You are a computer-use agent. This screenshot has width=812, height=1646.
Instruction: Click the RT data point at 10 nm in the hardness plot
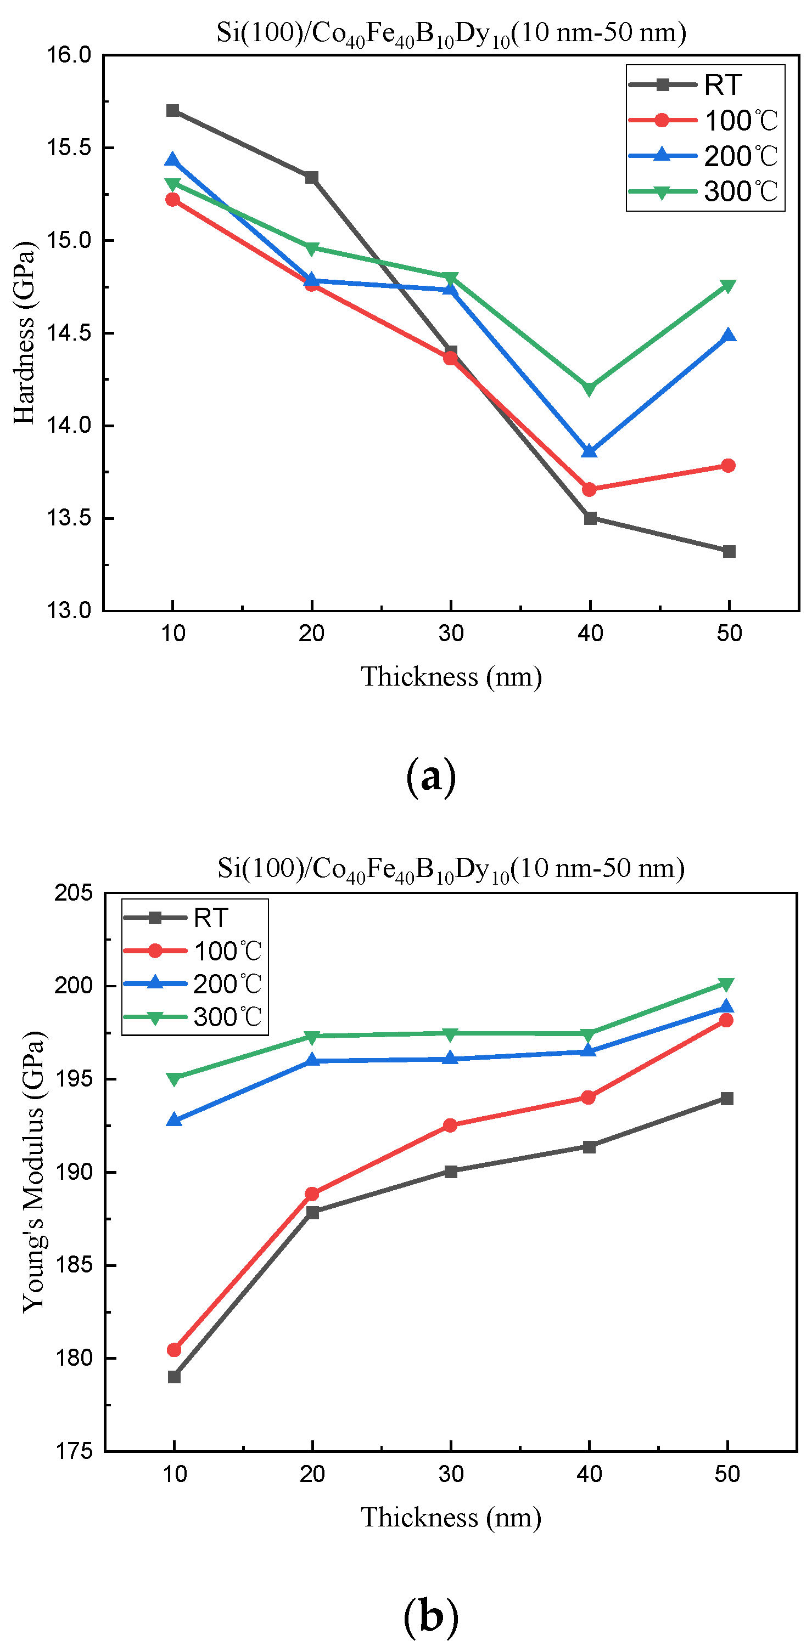pos(172,111)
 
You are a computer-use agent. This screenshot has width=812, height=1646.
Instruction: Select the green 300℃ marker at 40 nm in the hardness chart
pos(590,388)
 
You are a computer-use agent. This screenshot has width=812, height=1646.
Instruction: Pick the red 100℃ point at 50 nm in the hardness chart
pos(728,465)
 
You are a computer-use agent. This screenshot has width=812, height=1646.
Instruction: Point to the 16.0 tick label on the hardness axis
pos(69,55)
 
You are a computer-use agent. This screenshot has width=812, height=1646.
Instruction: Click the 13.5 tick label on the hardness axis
pos(69,518)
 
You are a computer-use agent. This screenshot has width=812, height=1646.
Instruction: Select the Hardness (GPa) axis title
pos(24,332)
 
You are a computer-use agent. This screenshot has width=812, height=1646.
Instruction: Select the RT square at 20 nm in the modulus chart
pos(312,1212)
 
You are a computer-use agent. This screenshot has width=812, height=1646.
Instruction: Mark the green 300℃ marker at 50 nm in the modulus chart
pos(726,984)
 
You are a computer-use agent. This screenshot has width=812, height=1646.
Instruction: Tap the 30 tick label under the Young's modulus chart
pos(451,1474)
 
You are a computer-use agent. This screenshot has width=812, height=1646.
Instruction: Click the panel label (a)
pos(431,776)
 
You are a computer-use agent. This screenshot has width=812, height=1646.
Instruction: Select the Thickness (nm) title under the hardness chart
pos(451,677)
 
